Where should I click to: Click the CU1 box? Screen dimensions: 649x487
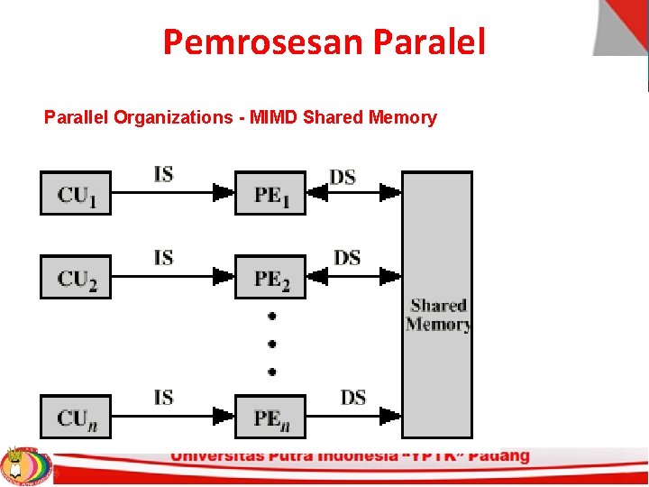click(x=76, y=193)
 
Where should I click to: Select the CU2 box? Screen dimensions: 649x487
click(x=76, y=277)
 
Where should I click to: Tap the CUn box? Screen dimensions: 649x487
click(x=76, y=417)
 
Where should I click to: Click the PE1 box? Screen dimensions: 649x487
click(x=270, y=193)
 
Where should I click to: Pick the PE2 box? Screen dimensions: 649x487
click(x=270, y=277)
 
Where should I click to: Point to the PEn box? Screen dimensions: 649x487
click(x=270, y=417)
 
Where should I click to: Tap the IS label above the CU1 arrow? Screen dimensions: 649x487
click(x=164, y=173)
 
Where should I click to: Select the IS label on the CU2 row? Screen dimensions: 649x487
click(x=164, y=258)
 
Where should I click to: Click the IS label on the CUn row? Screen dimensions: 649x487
click(x=164, y=397)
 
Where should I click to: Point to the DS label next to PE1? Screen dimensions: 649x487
click(x=343, y=177)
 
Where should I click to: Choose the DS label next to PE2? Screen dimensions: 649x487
click(x=347, y=258)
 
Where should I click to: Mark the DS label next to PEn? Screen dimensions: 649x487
click(x=353, y=397)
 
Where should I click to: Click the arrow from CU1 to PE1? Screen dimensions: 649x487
click(x=171, y=192)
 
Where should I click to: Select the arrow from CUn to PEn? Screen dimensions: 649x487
click(x=171, y=416)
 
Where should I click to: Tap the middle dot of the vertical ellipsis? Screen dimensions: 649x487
click(x=271, y=344)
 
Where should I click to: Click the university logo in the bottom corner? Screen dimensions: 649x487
click(x=25, y=464)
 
